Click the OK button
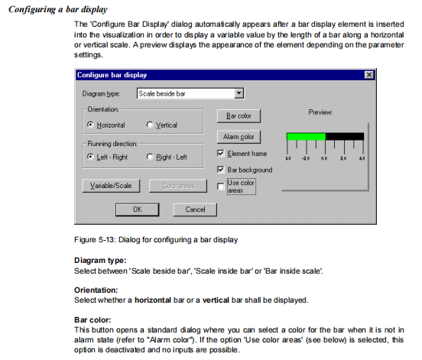click(x=138, y=209)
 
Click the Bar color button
click(x=239, y=116)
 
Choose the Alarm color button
click(x=239, y=137)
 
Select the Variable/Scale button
click(x=111, y=186)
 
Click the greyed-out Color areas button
click(x=178, y=186)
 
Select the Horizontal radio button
click(x=90, y=125)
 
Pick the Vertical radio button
click(x=150, y=125)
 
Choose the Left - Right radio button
click(x=90, y=157)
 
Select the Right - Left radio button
click(x=150, y=157)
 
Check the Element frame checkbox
click(x=220, y=154)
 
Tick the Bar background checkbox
click(x=220, y=170)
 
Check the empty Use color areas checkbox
click(x=220, y=186)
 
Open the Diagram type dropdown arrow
click(x=239, y=93)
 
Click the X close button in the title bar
click(x=369, y=75)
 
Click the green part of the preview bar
click(x=307, y=136)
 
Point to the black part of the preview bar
click(x=345, y=136)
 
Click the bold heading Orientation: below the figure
click(x=96, y=290)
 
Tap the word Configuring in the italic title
click(x=32, y=10)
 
